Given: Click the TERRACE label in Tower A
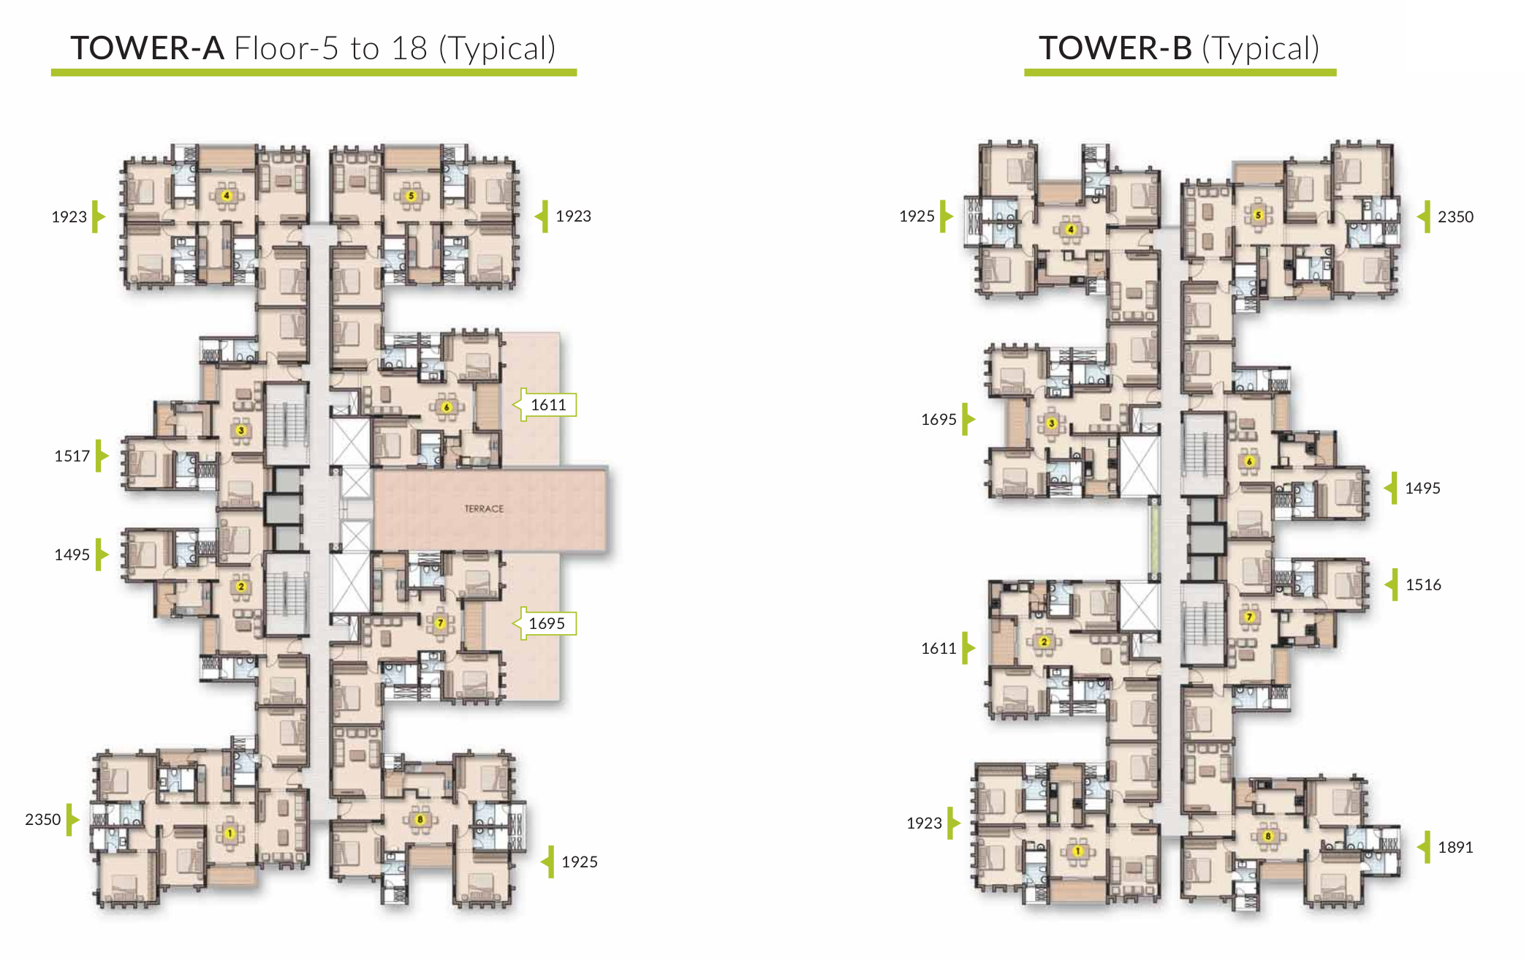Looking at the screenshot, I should [484, 508].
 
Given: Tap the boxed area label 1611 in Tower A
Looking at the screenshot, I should [548, 404].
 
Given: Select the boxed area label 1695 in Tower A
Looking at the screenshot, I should [547, 623].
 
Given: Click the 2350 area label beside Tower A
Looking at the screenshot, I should [43, 819].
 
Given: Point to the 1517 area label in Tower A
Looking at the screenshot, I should [72, 456].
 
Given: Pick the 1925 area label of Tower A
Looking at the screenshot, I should [579, 862].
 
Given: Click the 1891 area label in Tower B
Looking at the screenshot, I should [1455, 847].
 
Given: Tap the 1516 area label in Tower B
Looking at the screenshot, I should [1423, 584].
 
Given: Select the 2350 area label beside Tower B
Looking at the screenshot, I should [1455, 216].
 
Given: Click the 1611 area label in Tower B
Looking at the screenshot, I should [939, 648].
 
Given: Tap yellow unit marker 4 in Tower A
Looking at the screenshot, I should [227, 195].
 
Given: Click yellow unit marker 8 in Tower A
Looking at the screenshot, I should [420, 819].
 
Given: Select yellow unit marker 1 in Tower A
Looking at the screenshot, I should [230, 833].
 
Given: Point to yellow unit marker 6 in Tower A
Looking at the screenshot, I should [447, 407].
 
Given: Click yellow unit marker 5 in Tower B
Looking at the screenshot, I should [1258, 215].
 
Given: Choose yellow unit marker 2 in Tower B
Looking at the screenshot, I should [1044, 641].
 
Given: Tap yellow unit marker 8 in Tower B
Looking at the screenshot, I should [1268, 836].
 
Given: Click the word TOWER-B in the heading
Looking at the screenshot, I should [1115, 48].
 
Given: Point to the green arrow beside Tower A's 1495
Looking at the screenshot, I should [102, 554].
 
